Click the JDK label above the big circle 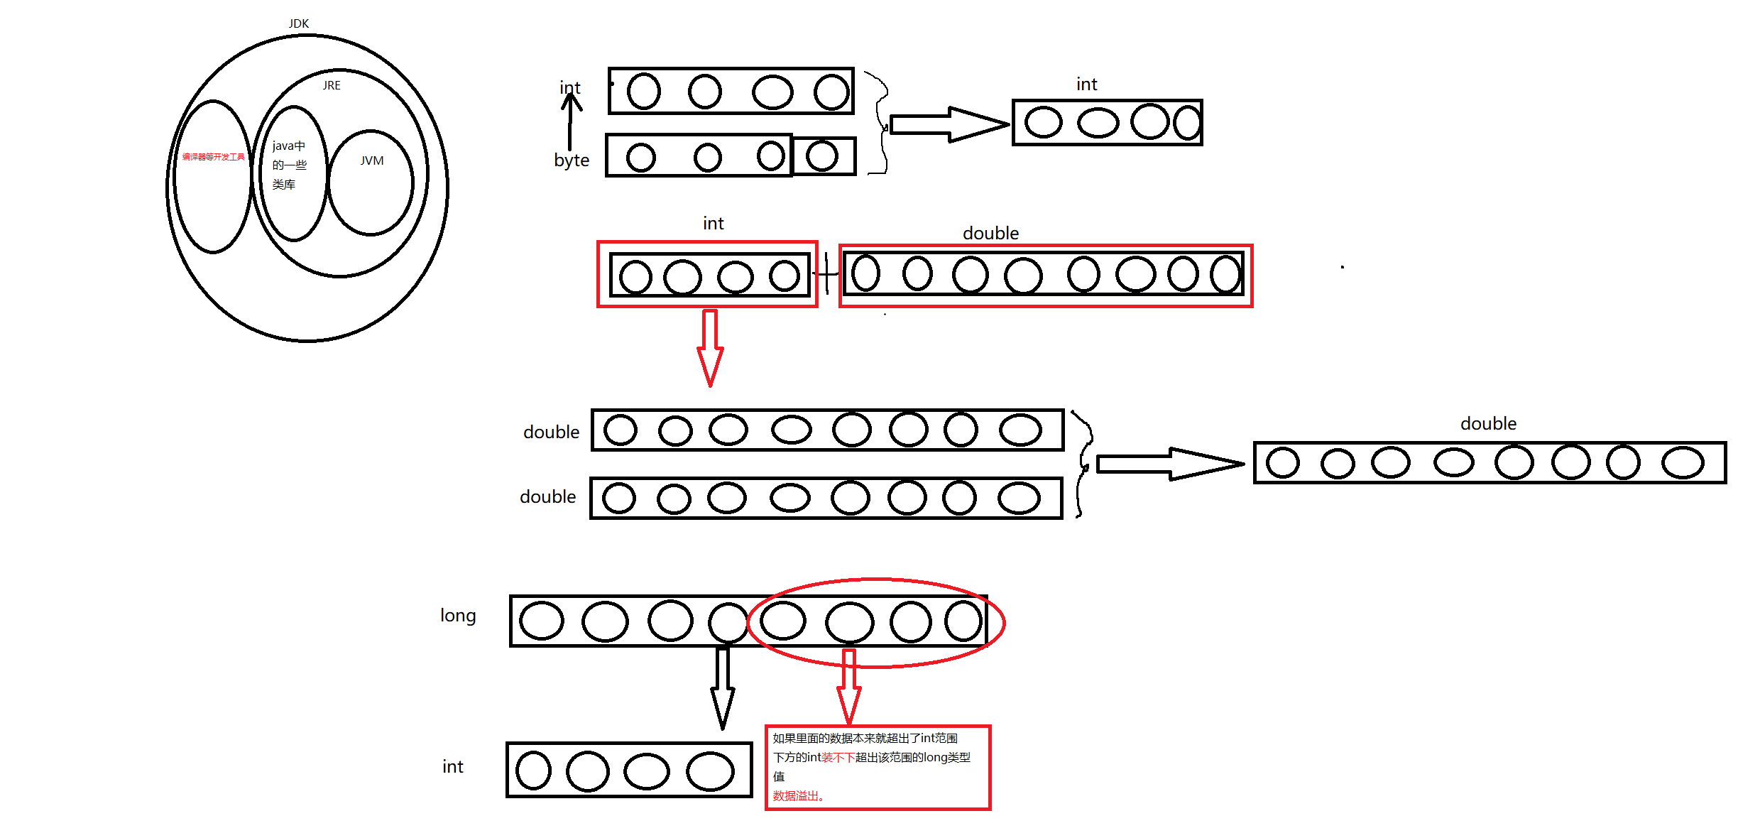coord(299,23)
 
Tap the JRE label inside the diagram coord(332,85)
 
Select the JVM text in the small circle coord(371,161)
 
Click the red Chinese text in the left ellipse coord(213,157)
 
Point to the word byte coord(572,160)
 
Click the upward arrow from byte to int coord(570,121)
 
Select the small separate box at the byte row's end coord(824,156)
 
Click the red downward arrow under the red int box coord(710,348)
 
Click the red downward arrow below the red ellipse coord(849,686)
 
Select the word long coord(458,616)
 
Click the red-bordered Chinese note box coord(878,767)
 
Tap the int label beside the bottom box coord(453,767)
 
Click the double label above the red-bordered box coord(990,234)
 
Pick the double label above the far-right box coord(1488,424)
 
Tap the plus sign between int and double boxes coord(826,273)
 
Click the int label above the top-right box coord(1086,85)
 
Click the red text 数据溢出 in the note coord(798,796)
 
